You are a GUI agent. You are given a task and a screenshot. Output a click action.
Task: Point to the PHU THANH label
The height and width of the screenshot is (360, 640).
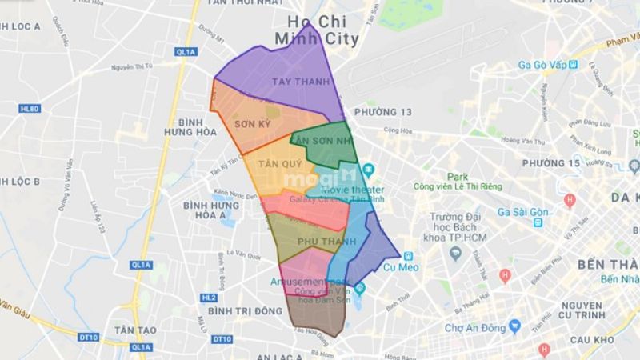[318, 241]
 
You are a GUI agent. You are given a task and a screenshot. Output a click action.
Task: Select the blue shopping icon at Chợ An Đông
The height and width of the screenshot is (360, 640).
[515, 326]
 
